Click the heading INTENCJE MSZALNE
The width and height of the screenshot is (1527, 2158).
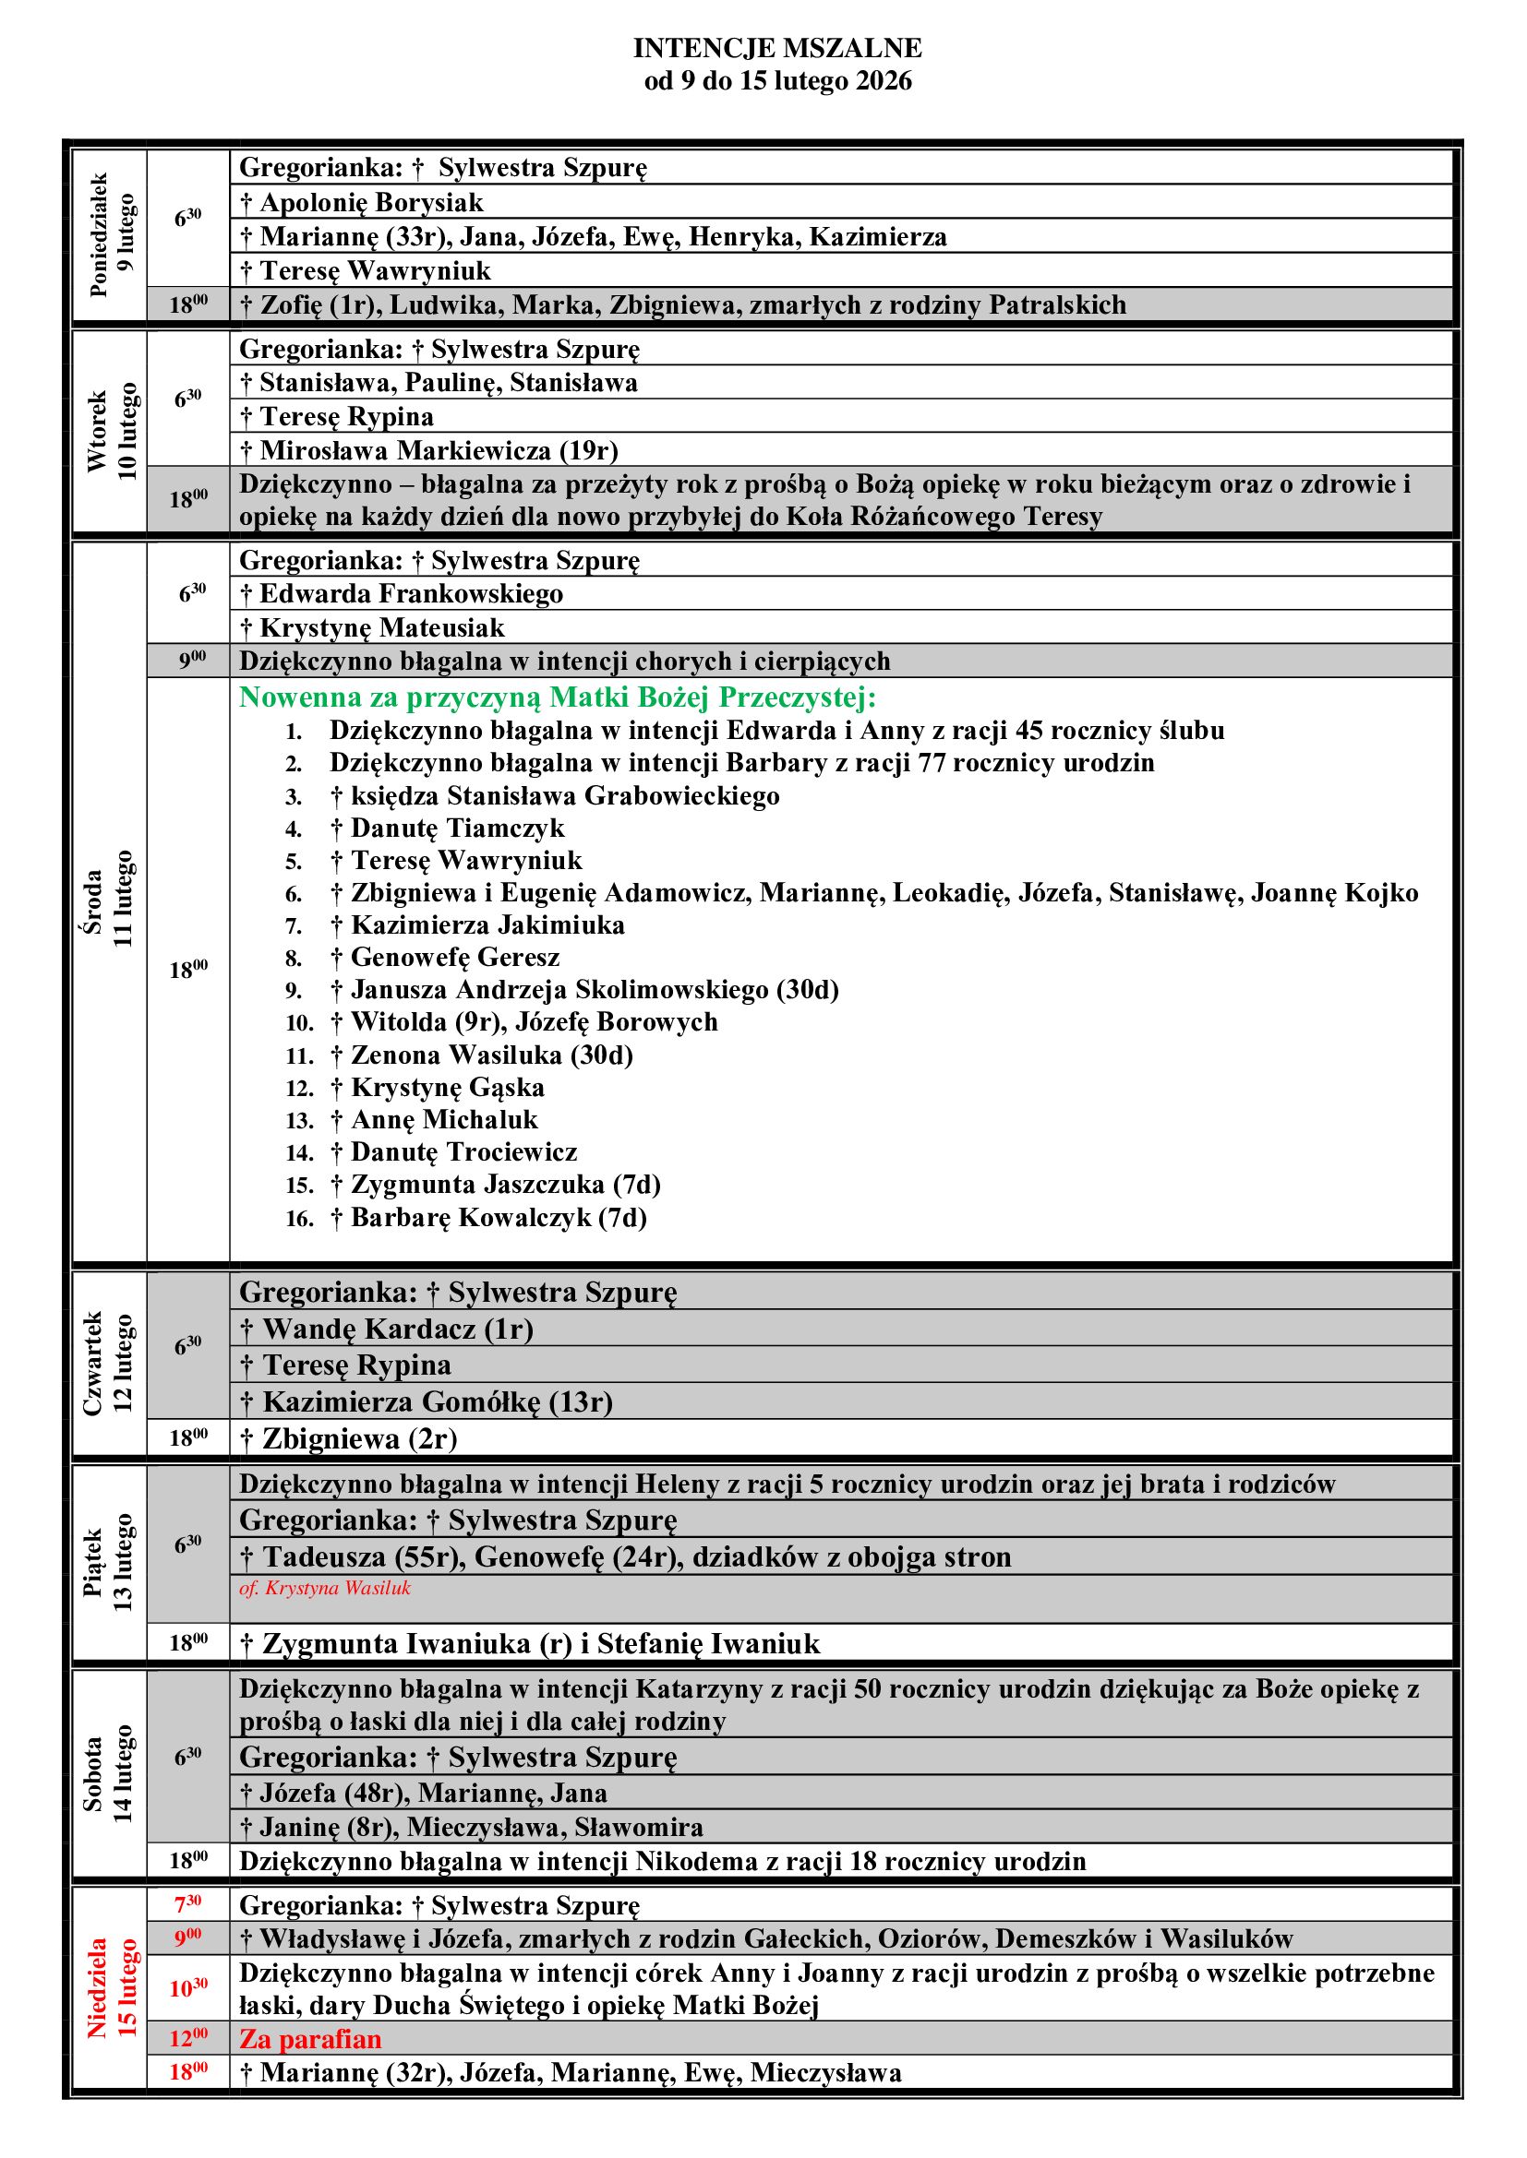tap(776, 48)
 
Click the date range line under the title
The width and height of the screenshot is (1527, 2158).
tap(776, 81)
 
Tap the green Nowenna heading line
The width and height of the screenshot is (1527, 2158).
tap(557, 697)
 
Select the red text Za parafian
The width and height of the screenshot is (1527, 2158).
tap(310, 2039)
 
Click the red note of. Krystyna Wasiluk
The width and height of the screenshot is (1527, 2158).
tap(324, 1589)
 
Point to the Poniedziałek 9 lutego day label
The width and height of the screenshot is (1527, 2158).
tap(112, 235)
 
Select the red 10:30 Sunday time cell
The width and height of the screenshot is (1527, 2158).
tap(188, 1988)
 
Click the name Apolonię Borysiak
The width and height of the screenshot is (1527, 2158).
tap(370, 202)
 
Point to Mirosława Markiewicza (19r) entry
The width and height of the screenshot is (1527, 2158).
tap(439, 450)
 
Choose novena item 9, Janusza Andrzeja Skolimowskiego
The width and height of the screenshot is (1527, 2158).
tap(595, 990)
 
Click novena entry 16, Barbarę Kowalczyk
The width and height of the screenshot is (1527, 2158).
tap(499, 1218)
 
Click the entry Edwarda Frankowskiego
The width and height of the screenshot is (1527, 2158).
tap(411, 594)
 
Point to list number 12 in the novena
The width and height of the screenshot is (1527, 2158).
tap(299, 1089)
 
